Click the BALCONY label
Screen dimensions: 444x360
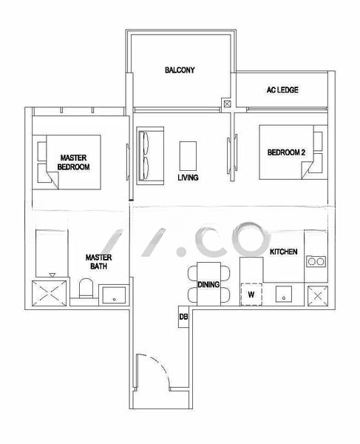click(x=180, y=71)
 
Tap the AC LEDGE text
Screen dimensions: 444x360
click(x=282, y=91)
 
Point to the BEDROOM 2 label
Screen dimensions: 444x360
click(x=286, y=152)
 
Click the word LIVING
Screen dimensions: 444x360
click(x=188, y=178)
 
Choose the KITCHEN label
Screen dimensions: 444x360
click(x=284, y=252)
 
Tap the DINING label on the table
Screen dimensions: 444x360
click(x=208, y=284)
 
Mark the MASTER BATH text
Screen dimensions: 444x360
click(x=98, y=261)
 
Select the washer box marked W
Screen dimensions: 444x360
click(x=251, y=294)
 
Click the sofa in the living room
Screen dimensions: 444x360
click(x=146, y=153)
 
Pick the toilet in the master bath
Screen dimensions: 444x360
click(x=85, y=289)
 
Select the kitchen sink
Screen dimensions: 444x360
click(x=284, y=294)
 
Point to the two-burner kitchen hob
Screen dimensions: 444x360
click(x=316, y=260)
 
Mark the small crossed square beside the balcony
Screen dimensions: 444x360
click(x=228, y=104)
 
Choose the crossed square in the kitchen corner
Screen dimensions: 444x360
click(x=319, y=294)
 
